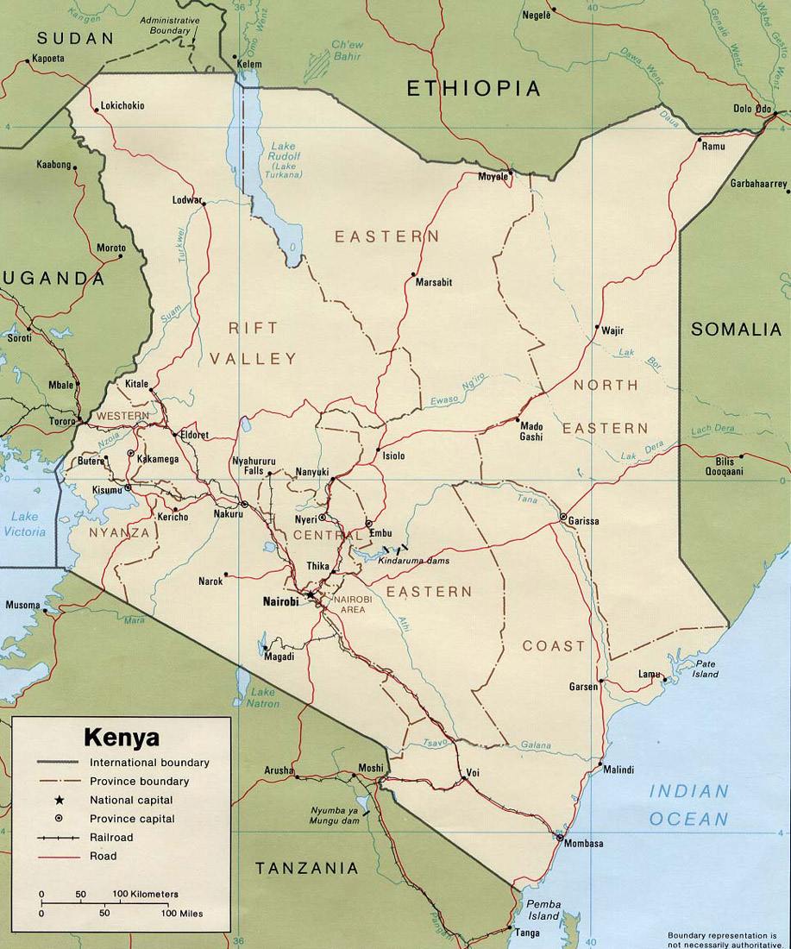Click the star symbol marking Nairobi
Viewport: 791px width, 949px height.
tap(311, 595)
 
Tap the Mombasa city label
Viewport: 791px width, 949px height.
tap(583, 843)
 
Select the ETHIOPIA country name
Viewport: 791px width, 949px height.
tap(474, 88)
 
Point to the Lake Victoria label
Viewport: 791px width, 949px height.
tap(24, 525)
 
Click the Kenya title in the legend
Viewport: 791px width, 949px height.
tap(122, 738)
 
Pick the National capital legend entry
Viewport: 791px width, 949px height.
tap(131, 800)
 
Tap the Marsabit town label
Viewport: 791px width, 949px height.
tap(433, 282)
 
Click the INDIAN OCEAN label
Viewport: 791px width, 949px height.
tap(688, 805)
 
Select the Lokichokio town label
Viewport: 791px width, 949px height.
tap(122, 106)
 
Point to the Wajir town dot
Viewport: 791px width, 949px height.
tap(597, 327)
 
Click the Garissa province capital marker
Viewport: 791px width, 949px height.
tap(563, 518)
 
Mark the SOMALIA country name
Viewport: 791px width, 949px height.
tap(736, 330)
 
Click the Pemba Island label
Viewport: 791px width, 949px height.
tap(544, 910)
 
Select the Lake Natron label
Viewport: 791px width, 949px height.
tap(263, 698)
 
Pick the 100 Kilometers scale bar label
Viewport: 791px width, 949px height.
tap(145, 893)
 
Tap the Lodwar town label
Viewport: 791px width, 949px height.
tap(187, 199)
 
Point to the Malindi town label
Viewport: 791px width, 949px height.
tap(618, 770)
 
